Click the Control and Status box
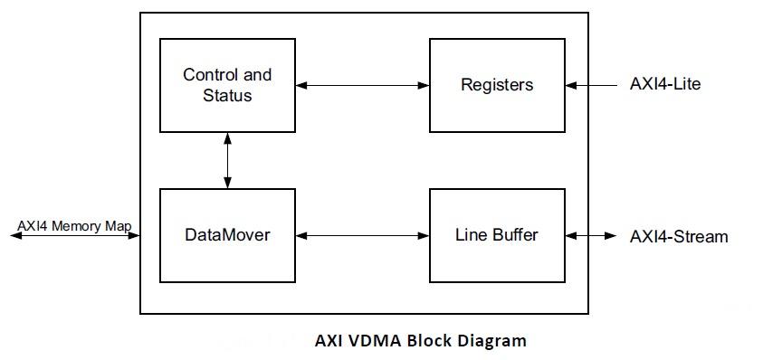tap(227, 85)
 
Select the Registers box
tap(497, 85)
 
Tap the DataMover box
tap(227, 235)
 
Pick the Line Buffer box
tap(497, 235)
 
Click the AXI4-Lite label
tap(665, 85)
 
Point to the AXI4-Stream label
tap(678, 237)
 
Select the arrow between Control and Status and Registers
tap(362, 85)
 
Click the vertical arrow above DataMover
tap(227, 160)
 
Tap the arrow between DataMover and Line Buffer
tap(362, 236)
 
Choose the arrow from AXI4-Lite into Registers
tap(592, 85)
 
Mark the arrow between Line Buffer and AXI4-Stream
tap(594, 236)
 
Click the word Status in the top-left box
tap(227, 94)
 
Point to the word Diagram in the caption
tap(492, 342)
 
